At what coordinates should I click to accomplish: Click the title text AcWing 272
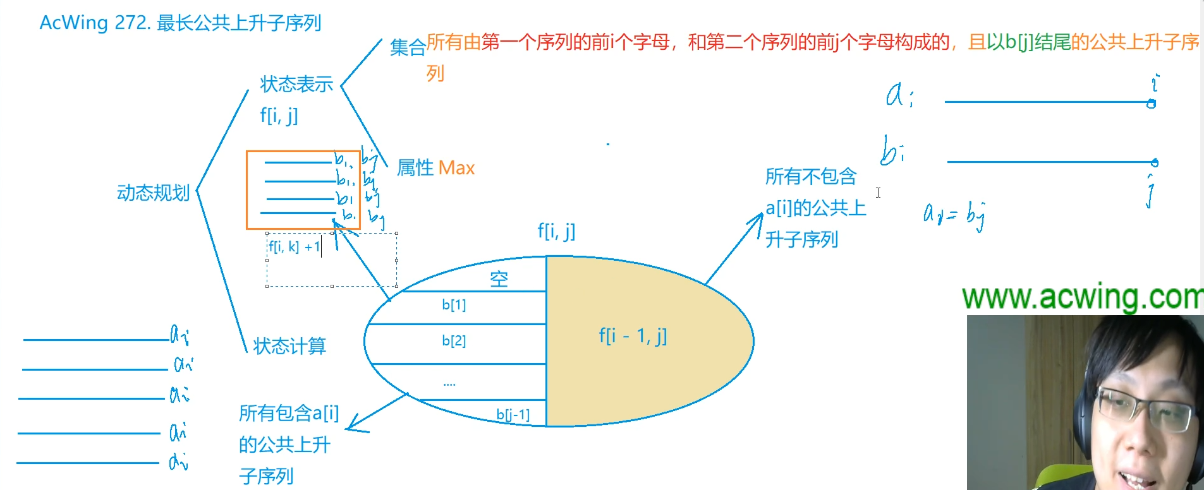click(x=95, y=23)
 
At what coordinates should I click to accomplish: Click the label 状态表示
click(x=296, y=84)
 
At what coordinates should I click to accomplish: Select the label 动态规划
click(x=153, y=193)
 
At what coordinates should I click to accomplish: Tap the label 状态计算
click(x=289, y=346)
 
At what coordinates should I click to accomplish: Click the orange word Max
click(x=456, y=168)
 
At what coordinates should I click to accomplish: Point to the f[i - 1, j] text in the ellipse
click(x=633, y=335)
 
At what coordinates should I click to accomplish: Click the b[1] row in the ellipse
click(x=454, y=305)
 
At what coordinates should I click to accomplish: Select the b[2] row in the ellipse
click(x=454, y=341)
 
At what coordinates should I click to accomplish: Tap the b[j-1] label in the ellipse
click(x=513, y=414)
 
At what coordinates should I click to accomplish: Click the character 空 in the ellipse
click(x=499, y=279)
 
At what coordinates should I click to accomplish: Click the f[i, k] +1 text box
click(x=295, y=247)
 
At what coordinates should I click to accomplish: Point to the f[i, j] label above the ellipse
click(x=556, y=231)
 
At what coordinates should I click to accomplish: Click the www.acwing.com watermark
click(x=1081, y=297)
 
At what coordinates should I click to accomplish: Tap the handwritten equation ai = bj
click(x=953, y=215)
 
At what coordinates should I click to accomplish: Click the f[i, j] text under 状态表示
click(x=279, y=116)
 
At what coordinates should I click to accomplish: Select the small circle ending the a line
click(x=1152, y=104)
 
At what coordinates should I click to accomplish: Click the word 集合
click(x=408, y=47)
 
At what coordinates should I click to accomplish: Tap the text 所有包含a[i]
click(x=289, y=413)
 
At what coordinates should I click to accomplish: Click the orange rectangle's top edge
click(x=303, y=152)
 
